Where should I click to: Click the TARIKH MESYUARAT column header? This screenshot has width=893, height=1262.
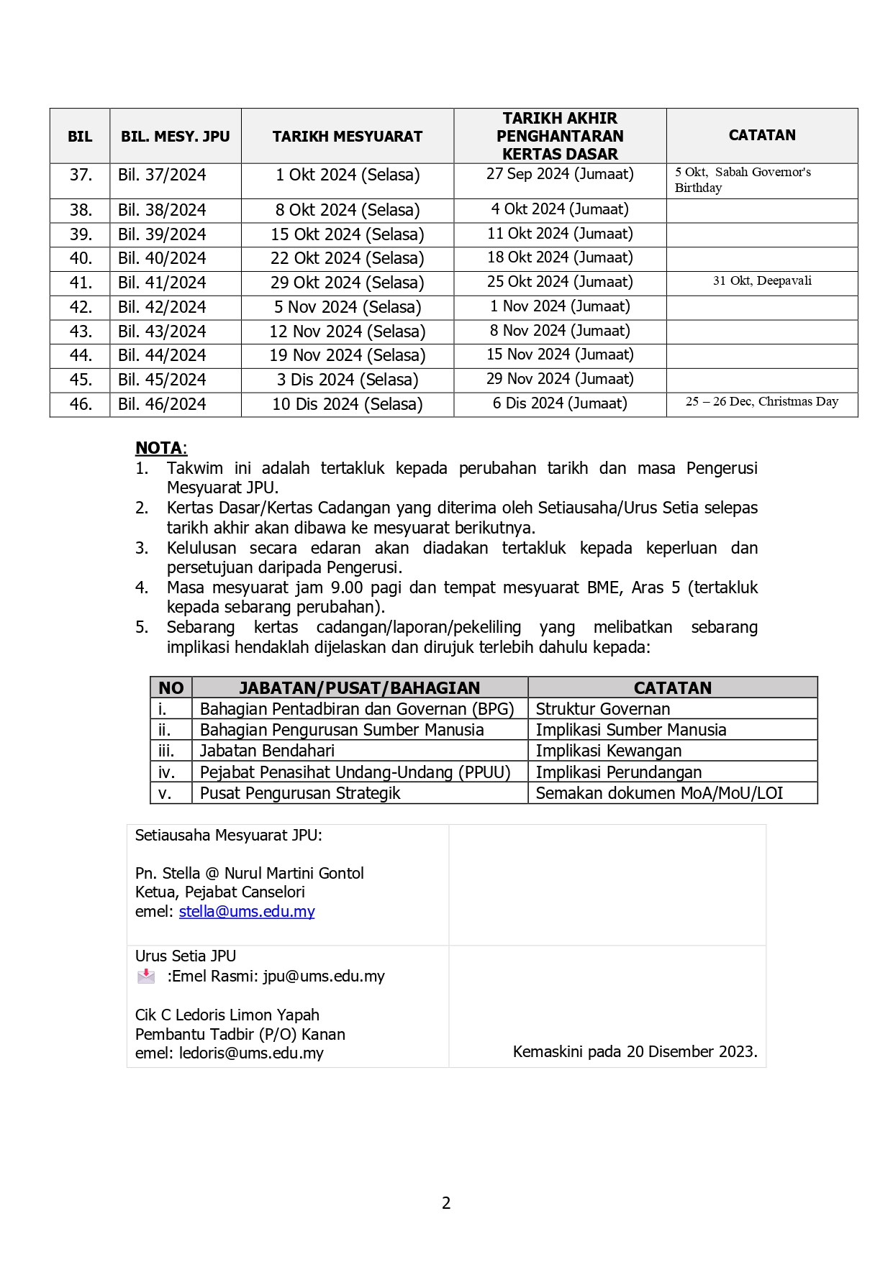[x=347, y=137]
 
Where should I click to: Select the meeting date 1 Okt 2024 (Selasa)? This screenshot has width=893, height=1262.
[x=347, y=175]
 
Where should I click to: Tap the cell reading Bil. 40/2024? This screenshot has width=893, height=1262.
[x=162, y=258]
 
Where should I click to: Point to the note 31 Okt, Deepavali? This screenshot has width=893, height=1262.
[x=762, y=281]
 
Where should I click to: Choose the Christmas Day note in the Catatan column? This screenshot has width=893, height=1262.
[x=762, y=402]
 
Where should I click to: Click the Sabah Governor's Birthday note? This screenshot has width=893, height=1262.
[x=743, y=180]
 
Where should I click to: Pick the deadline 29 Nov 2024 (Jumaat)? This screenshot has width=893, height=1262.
[x=560, y=379]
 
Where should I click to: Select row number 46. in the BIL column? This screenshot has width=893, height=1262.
[x=81, y=404]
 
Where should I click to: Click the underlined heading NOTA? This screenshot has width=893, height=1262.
[x=160, y=448]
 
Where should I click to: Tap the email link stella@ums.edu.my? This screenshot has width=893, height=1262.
[x=247, y=912]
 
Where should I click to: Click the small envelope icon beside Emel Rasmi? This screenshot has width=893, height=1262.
[x=146, y=976]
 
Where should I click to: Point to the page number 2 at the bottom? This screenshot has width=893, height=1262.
[x=446, y=1203]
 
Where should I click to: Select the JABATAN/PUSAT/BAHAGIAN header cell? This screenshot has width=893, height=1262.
[x=359, y=688]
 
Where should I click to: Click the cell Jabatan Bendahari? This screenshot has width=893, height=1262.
[x=267, y=751]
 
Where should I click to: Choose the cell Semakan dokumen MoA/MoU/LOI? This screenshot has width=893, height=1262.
[x=659, y=793]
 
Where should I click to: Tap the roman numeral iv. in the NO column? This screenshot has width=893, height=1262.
[x=167, y=772]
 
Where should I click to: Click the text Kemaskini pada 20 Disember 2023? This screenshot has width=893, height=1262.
[x=635, y=1052]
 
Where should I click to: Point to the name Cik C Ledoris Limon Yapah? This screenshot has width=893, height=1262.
[x=227, y=1015]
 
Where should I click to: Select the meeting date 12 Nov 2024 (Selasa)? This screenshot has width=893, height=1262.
[x=347, y=331]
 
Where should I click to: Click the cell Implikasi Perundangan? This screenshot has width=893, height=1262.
[x=619, y=772]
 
